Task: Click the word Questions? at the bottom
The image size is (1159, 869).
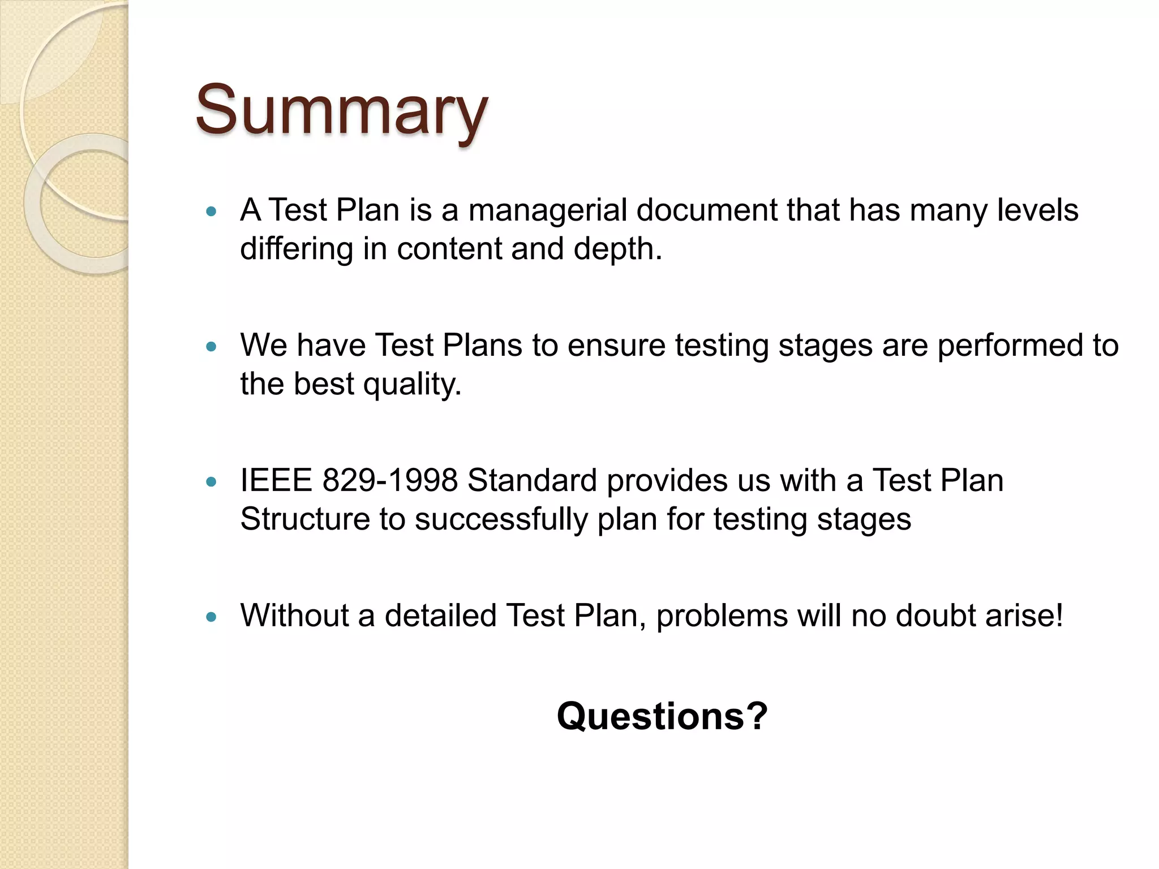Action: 662,716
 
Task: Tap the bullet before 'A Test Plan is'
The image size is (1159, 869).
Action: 212,212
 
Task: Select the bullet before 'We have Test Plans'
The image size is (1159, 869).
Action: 212,347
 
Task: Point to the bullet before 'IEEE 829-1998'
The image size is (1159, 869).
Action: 212,482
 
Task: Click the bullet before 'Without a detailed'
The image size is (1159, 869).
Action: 212,617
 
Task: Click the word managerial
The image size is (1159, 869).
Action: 547,210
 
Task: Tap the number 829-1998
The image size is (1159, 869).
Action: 389,481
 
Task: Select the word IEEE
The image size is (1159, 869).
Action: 276,481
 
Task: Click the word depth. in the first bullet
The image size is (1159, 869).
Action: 617,249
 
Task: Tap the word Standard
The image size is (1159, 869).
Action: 532,481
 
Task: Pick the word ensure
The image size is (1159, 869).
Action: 616,346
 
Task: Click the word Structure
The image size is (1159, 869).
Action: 305,519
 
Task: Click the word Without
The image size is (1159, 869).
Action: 294,616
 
